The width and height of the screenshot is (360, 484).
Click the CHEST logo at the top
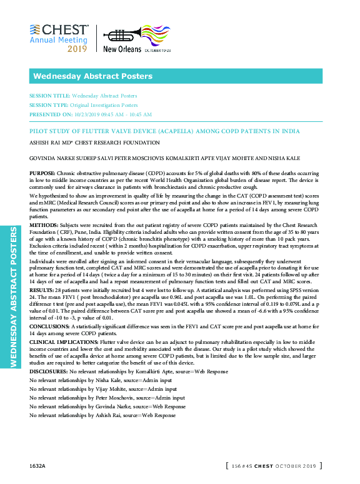[59, 29]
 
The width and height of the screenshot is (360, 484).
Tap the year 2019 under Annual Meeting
[77, 48]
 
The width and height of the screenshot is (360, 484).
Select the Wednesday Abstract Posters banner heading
[92, 76]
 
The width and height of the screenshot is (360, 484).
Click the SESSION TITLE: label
[49, 96]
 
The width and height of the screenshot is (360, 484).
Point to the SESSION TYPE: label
[49, 105]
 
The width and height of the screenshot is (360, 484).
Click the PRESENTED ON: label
[49, 114]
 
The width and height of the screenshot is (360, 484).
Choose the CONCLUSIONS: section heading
[50, 326]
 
